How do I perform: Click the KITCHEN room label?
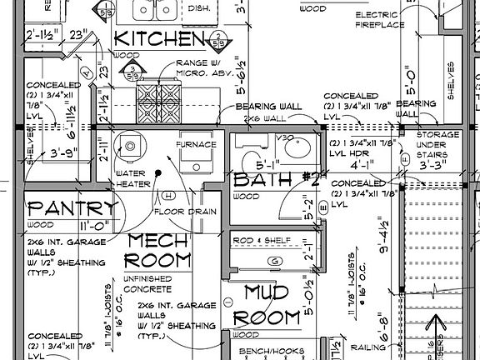click(158, 38)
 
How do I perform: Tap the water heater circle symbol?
click(132, 147)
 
